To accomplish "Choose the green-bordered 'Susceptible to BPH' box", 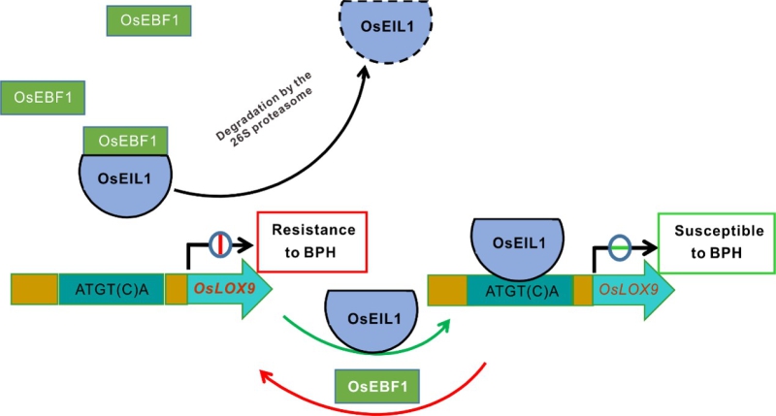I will point(716,242).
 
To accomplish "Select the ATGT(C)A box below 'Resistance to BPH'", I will point(110,289).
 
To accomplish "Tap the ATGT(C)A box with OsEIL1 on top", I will point(520,290).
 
